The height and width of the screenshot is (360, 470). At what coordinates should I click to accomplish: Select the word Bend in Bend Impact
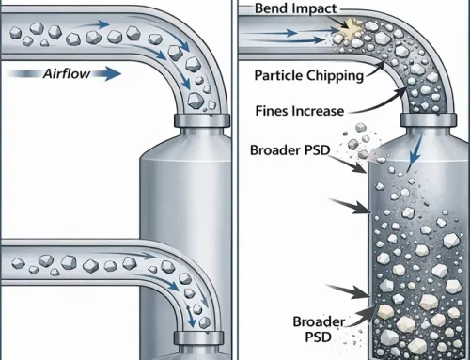coord(273,9)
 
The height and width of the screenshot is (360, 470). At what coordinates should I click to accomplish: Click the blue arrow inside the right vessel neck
coord(409,163)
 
